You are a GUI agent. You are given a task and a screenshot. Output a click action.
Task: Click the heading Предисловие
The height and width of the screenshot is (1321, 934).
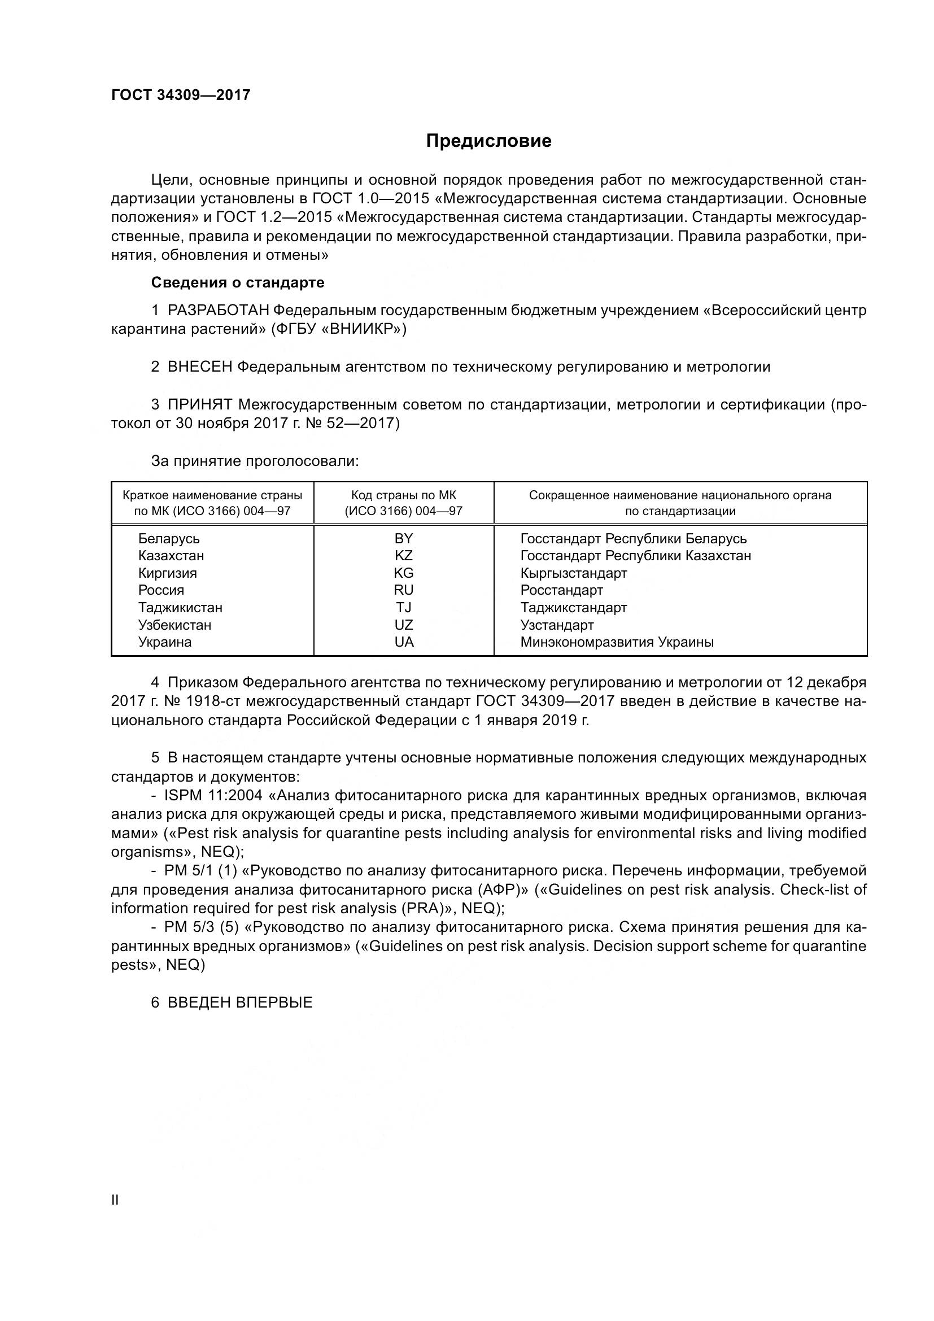click(x=488, y=141)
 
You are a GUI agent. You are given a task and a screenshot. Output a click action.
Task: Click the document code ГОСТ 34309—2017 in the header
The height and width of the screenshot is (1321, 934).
click(x=181, y=95)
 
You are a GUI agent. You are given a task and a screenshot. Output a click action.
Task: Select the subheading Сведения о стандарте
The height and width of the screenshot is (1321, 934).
click(x=238, y=282)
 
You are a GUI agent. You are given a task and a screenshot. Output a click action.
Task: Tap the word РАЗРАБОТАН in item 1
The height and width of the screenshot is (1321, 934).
click(x=218, y=311)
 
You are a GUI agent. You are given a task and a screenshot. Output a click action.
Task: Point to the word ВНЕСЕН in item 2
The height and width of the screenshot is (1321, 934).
click(x=199, y=367)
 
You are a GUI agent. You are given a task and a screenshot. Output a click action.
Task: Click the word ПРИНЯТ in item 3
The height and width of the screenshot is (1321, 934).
click(x=200, y=404)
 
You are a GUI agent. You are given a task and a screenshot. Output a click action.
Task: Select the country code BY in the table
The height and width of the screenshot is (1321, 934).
click(x=404, y=539)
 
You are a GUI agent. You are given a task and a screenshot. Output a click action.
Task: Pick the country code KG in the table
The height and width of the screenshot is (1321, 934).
click(x=404, y=573)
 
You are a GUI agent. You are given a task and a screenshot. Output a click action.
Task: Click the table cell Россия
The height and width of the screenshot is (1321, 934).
click(x=161, y=590)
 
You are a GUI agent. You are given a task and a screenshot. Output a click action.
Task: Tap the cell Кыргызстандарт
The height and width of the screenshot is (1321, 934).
click(x=573, y=573)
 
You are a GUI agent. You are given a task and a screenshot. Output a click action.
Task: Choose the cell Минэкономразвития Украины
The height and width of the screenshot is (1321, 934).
click(x=617, y=642)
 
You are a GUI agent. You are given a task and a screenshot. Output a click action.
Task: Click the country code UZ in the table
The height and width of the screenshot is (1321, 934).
click(x=404, y=625)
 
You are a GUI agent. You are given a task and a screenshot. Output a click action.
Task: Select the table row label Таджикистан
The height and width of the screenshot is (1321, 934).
click(x=180, y=608)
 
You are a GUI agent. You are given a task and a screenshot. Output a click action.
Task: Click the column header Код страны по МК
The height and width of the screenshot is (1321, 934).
click(x=404, y=495)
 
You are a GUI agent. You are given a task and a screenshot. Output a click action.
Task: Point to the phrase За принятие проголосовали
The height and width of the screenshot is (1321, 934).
click(x=255, y=461)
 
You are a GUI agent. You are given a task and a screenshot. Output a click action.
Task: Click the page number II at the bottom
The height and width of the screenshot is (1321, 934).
click(x=115, y=1200)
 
